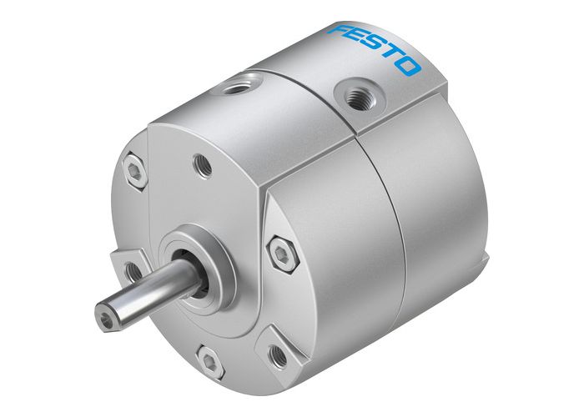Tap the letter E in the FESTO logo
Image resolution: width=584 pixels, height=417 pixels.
pyautogui.click(x=355, y=39)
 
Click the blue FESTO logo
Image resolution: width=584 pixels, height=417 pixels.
pyautogui.click(x=373, y=48)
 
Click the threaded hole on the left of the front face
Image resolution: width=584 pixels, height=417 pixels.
pyautogui.click(x=131, y=269)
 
